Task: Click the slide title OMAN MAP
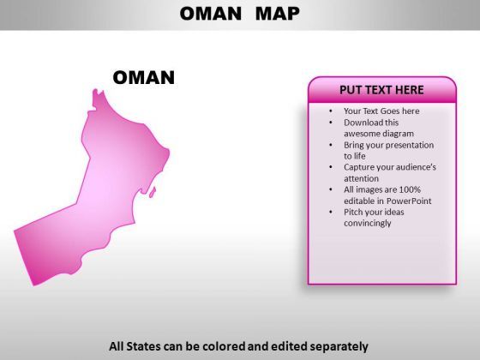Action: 240,14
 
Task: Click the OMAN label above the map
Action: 144,77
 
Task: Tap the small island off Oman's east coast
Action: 153,192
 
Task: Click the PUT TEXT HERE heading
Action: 381,90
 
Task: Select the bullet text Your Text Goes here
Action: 381,111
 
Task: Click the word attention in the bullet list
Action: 361,178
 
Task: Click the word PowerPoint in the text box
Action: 409,201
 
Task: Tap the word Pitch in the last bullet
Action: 353,212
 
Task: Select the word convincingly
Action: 368,223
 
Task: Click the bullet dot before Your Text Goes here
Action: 331,111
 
